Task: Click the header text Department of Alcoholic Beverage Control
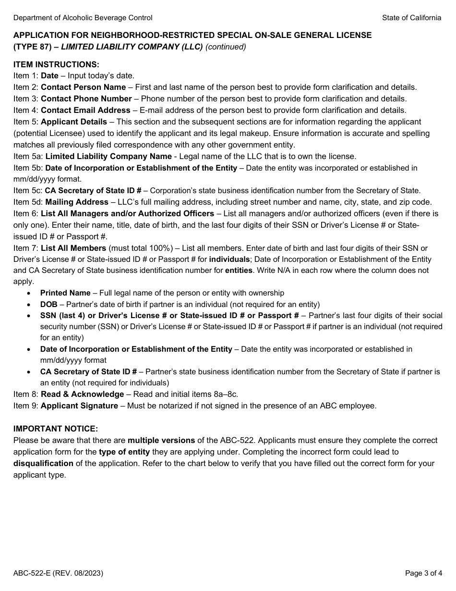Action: [x=83, y=18]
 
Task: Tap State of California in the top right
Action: [x=411, y=18]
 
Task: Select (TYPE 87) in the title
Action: [x=32, y=47]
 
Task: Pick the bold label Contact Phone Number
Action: [x=86, y=98]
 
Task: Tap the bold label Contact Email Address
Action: [x=85, y=110]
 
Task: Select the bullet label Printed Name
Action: [x=65, y=293]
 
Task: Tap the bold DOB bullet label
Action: [x=48, y=304]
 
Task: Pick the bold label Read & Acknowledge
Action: [x=82, y=394]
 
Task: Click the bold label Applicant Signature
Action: [x=79, y=406]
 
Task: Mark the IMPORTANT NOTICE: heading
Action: [x=56, y=429]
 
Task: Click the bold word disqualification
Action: [x=43, y=463]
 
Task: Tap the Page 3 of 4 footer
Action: [x=423, y=573]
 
